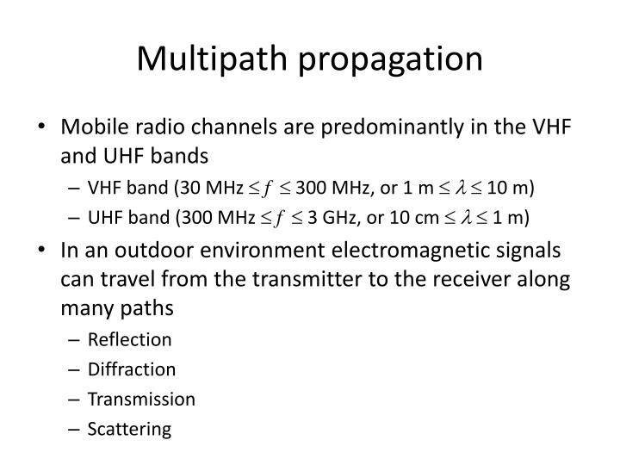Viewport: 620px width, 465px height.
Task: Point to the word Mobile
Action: point(89,129)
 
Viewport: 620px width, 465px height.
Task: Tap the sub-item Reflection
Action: point(129,339)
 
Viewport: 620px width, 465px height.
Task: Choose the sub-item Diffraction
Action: point(132,369)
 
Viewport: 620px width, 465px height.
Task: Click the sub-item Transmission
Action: point(141,399)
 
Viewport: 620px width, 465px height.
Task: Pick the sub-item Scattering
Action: point(129,429)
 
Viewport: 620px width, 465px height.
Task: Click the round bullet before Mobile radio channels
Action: point(45,129)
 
